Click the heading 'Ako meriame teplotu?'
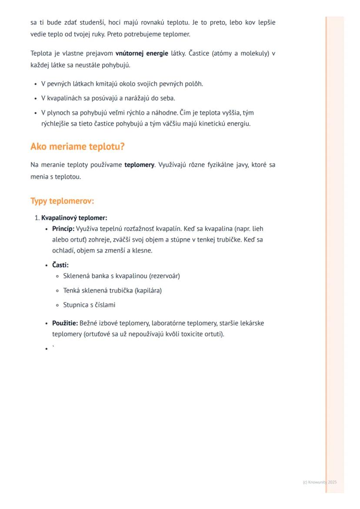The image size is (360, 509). pyautogui.click(x=77, y=146)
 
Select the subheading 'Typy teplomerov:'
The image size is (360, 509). pyautogui.click(x=62, y=201)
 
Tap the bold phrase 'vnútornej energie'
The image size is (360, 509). pyautogui.click(x=141, y=53)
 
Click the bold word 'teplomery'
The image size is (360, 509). pyautogui.click(x=139, y=165)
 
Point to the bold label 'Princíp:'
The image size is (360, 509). pyautogui.click(x=63, y=229)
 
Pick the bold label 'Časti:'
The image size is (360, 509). pyautogui.click(x=60, y=265)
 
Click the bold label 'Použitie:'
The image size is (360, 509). pyautogui.click(x=65, y=323)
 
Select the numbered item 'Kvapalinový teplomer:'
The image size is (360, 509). pyautogui.click(x=74, y=218)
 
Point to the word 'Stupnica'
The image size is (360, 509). pyautogui.click(x=76, y=305)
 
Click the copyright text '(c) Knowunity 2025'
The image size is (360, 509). pyautogui.click(x=320, y=482)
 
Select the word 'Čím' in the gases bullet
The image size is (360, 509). pyautogui.click(x=185, y=113)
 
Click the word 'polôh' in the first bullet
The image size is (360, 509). pyautogui.click(x=194, y=84)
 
